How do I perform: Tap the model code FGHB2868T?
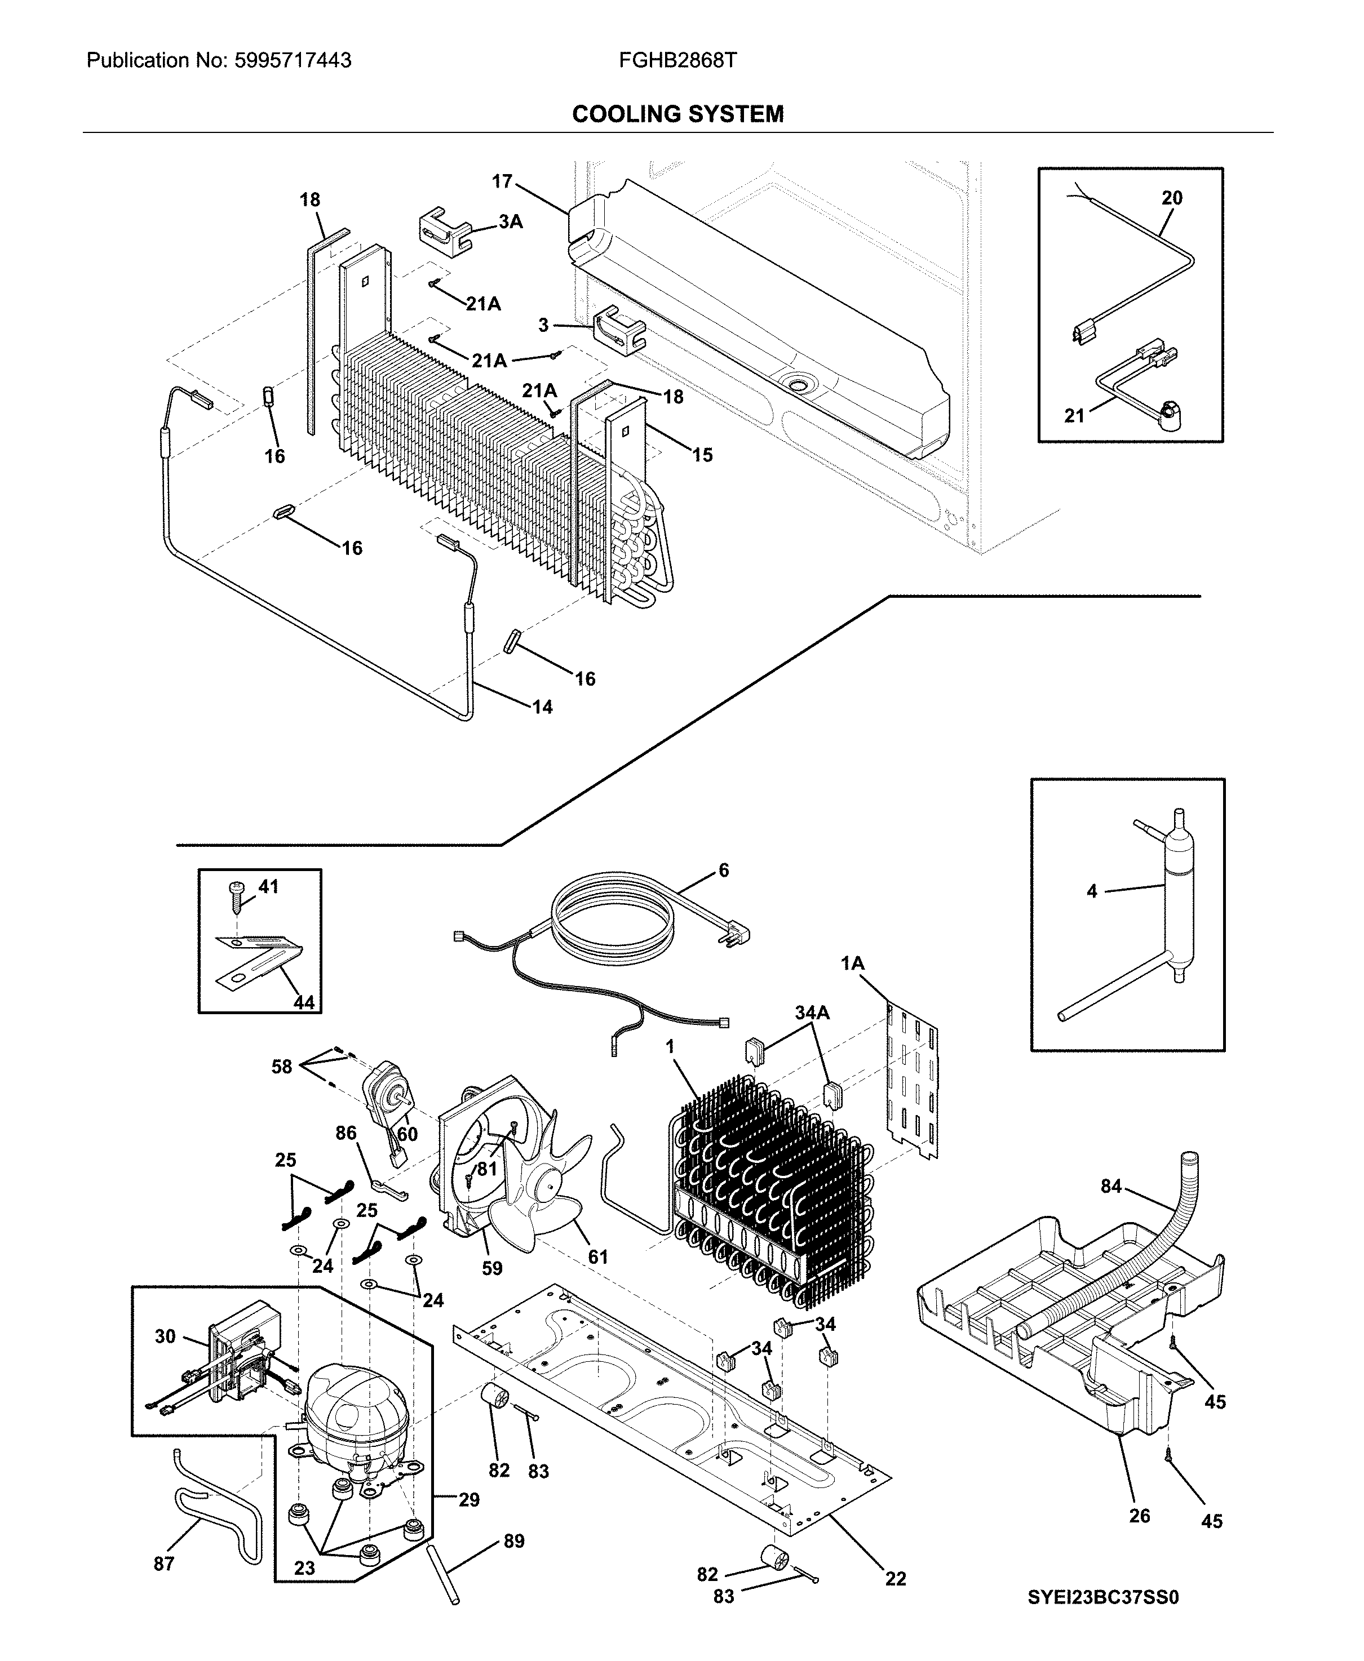pos(677,60)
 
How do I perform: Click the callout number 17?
pos(502,181)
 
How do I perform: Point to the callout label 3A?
pos(510,222)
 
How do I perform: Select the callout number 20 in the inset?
pos(1171,198)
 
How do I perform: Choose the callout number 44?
pos(303,1002)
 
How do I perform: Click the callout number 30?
pos(165,1336)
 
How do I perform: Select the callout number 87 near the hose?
pos(163,1564)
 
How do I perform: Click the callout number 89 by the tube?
pos(514,1541)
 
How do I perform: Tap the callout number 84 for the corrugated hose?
pos(1110,1186)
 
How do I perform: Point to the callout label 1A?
pos(852,963)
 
